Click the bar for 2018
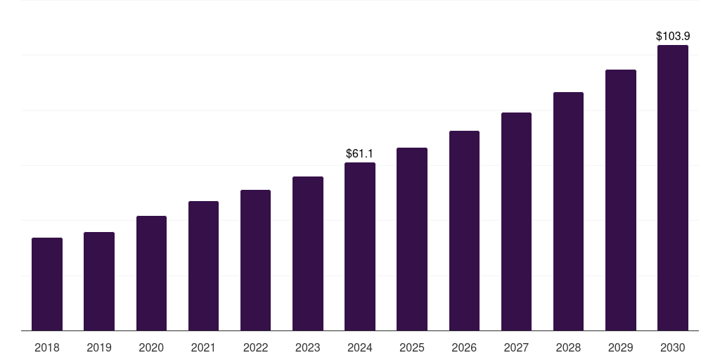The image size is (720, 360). (47, 284)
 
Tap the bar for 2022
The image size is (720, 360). (255, 260)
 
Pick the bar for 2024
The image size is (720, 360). (360, 246)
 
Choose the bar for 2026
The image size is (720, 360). (464, 231)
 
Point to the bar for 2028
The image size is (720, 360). (568, 211)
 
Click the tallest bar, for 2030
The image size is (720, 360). (673, 188)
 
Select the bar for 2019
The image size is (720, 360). (99, 281)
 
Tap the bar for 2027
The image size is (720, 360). (516, 221)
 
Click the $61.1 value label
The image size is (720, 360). (359, 153)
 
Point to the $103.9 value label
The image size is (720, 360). (672, 36)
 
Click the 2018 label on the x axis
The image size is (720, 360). (47, 347)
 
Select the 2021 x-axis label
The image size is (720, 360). (203, 347)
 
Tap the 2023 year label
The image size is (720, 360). (307, 347)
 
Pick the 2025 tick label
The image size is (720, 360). (412, 347)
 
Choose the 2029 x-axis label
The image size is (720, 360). (620, 347)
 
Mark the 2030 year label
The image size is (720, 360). (673, 347)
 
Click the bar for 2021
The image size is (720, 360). (203, 266)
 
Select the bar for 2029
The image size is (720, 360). (620, 200)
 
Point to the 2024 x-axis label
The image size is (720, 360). (360, 347)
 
